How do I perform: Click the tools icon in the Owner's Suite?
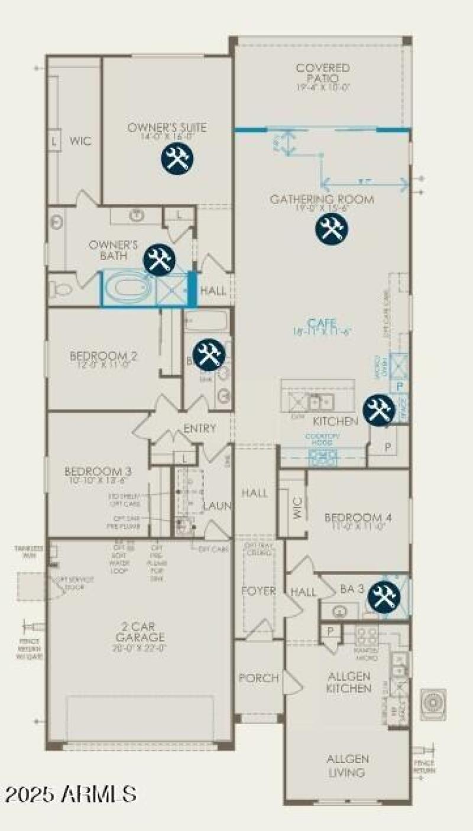[176, 158]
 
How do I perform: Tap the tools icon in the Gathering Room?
[331, 228]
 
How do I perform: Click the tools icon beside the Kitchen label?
[378, 410]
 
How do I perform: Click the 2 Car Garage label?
[140, 632]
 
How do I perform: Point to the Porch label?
[258, 678]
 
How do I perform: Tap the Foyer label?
[258, 591]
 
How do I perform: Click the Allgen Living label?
[348, 765]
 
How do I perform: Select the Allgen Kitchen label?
[349, 682]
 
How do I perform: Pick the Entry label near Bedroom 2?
[199, 429]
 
